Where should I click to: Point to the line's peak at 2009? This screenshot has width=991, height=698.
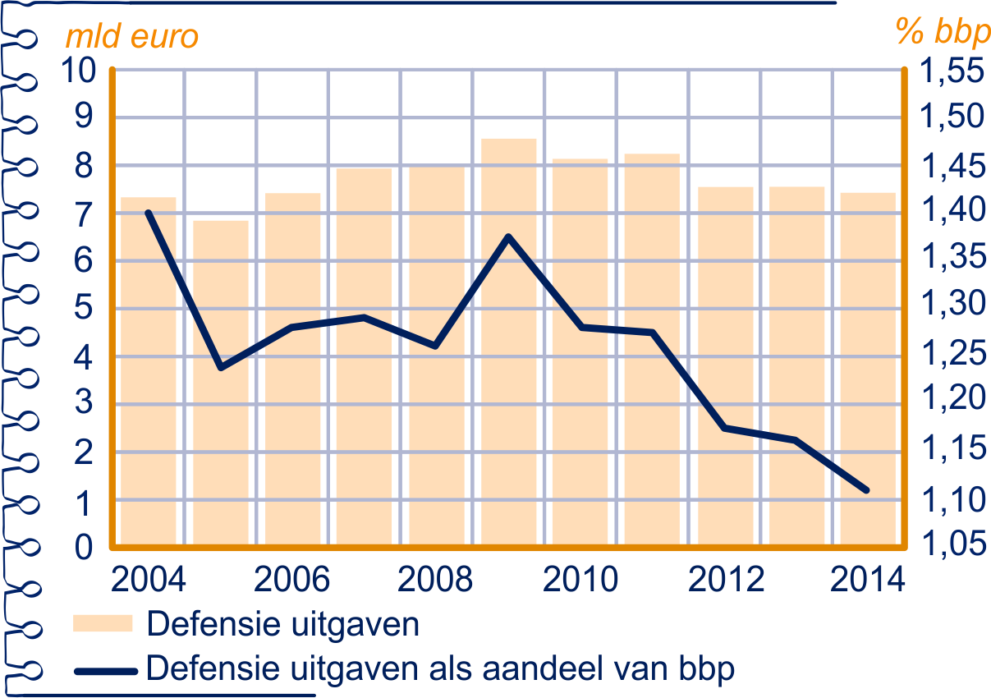(508, 237)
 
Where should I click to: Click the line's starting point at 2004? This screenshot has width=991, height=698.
(149, 213)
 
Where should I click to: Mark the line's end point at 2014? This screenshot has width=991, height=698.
(867, 491)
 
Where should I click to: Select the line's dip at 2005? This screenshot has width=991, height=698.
(221, 366)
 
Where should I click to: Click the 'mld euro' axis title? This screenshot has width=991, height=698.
(132, 37)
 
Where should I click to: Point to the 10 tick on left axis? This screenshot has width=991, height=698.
(79, 71)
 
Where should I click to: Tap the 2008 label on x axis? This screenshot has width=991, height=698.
(436, 580)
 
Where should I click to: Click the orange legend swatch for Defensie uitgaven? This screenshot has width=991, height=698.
(103, 624)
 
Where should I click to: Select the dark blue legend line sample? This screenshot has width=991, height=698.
(103, 669)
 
